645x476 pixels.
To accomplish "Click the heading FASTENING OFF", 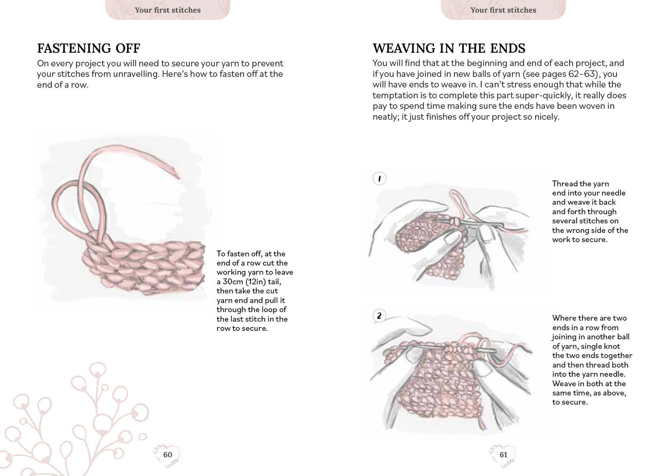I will pos(88,48).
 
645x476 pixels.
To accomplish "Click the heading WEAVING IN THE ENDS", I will pos(449,48).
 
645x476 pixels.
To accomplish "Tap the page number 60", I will pos(167,455).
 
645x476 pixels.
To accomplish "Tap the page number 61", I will pos(503,455).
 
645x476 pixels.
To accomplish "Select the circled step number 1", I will pos(379,179).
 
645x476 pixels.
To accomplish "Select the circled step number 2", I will pos(379,316).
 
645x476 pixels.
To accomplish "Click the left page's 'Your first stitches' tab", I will pos(167,10).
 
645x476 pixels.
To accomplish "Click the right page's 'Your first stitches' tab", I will pos(503,10).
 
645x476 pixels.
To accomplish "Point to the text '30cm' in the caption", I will pos(233,282).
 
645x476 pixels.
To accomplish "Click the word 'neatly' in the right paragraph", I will pos(386,117).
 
